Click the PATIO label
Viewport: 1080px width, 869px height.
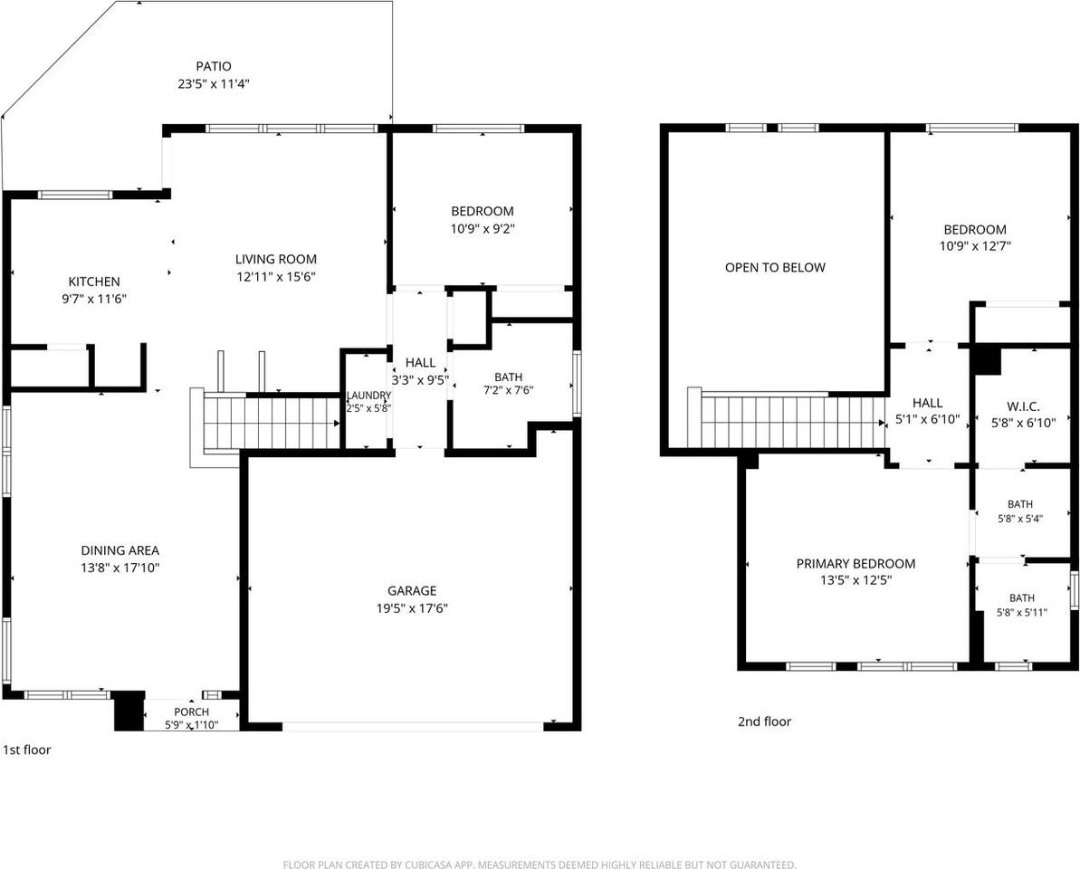pos(214,66)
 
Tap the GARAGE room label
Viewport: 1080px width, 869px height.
pos(412,590)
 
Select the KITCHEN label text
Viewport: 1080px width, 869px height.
pos(93,281)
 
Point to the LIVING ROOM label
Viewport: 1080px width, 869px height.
pos(275,259)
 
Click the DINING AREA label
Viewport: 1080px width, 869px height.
pos(119,550)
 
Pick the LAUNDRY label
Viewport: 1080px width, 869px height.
pos(368,396)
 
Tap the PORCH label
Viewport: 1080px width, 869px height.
pos(192,711)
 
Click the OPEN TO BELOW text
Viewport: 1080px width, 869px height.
pos(775,267)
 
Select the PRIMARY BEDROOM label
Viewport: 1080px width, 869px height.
pos(855,563)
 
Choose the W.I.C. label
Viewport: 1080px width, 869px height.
pos(1023,406)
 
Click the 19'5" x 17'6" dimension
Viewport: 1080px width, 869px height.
pos(412,608)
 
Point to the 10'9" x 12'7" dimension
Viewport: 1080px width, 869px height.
pos(975,246)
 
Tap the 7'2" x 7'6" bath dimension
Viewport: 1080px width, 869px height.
pos(509,390)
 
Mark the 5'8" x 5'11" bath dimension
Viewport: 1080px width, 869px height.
pos(1021,611)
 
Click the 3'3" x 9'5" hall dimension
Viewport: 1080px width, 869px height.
pos(420,379)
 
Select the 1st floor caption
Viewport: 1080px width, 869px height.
pos(27,750)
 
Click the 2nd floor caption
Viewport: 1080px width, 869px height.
pos(765,721)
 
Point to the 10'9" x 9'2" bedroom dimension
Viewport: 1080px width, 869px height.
pos(483,229)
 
